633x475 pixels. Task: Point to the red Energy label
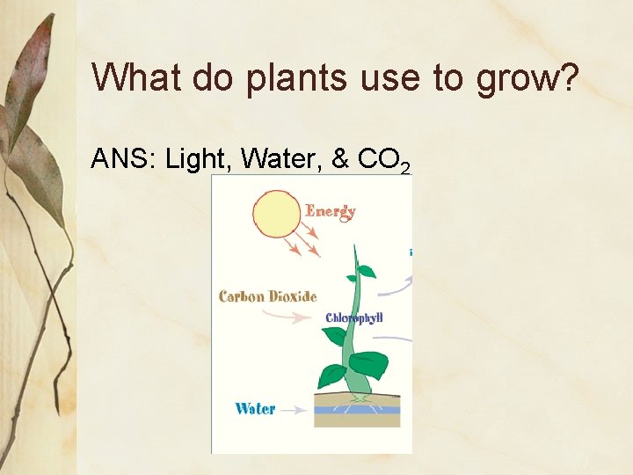coord(331,211)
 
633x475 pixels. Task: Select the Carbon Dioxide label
coord(267,296)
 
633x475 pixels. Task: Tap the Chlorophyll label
coord(354,318)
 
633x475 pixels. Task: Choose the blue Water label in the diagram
coord(255,408)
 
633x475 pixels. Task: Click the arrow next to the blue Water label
coord(295,409)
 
